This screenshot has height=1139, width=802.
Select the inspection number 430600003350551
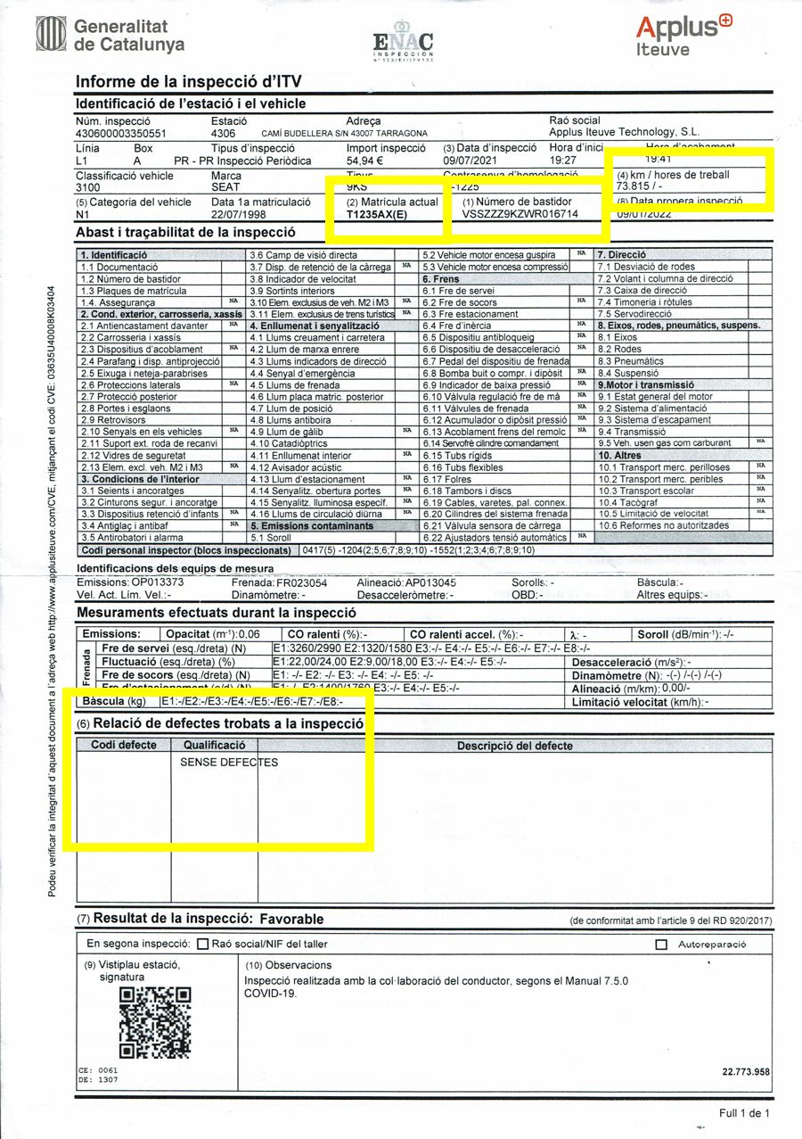click(x=121, y=134)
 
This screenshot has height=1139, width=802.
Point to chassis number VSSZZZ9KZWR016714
click(x=520, y=215)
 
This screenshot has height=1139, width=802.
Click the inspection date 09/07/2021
click(x=475, y=161)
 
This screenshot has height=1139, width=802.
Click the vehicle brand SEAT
click(x=225, y=188)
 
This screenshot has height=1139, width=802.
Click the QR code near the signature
click(x=155, y=1016)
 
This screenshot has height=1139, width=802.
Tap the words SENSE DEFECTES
click(x=229, y=763)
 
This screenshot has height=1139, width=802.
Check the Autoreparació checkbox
click(x=661, y=944)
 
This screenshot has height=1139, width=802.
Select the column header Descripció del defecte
click(x=514, y=746)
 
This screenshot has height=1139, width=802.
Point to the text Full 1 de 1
click(x=743, y=1113)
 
